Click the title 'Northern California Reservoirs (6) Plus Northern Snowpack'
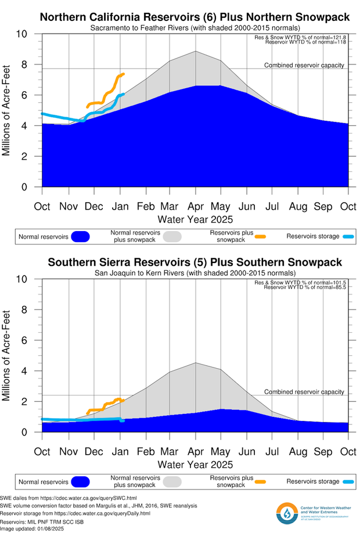[x=195, y=17]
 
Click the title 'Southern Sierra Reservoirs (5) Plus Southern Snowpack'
[x=195, y=262]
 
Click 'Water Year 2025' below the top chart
[x=195, y=219]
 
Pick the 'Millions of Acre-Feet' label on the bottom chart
[x=8, y=355]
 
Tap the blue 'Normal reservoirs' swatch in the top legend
[x=80, y=236]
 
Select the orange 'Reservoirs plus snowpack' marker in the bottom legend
[x=260, y=481]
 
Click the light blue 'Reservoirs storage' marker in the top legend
[x=347, y=236]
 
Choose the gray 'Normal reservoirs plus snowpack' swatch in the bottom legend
[x=172, y=481]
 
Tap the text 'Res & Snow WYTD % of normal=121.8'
[x=304, y=38]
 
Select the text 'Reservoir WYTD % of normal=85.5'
[x=305, y=287]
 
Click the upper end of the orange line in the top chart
[x=123, y=74]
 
